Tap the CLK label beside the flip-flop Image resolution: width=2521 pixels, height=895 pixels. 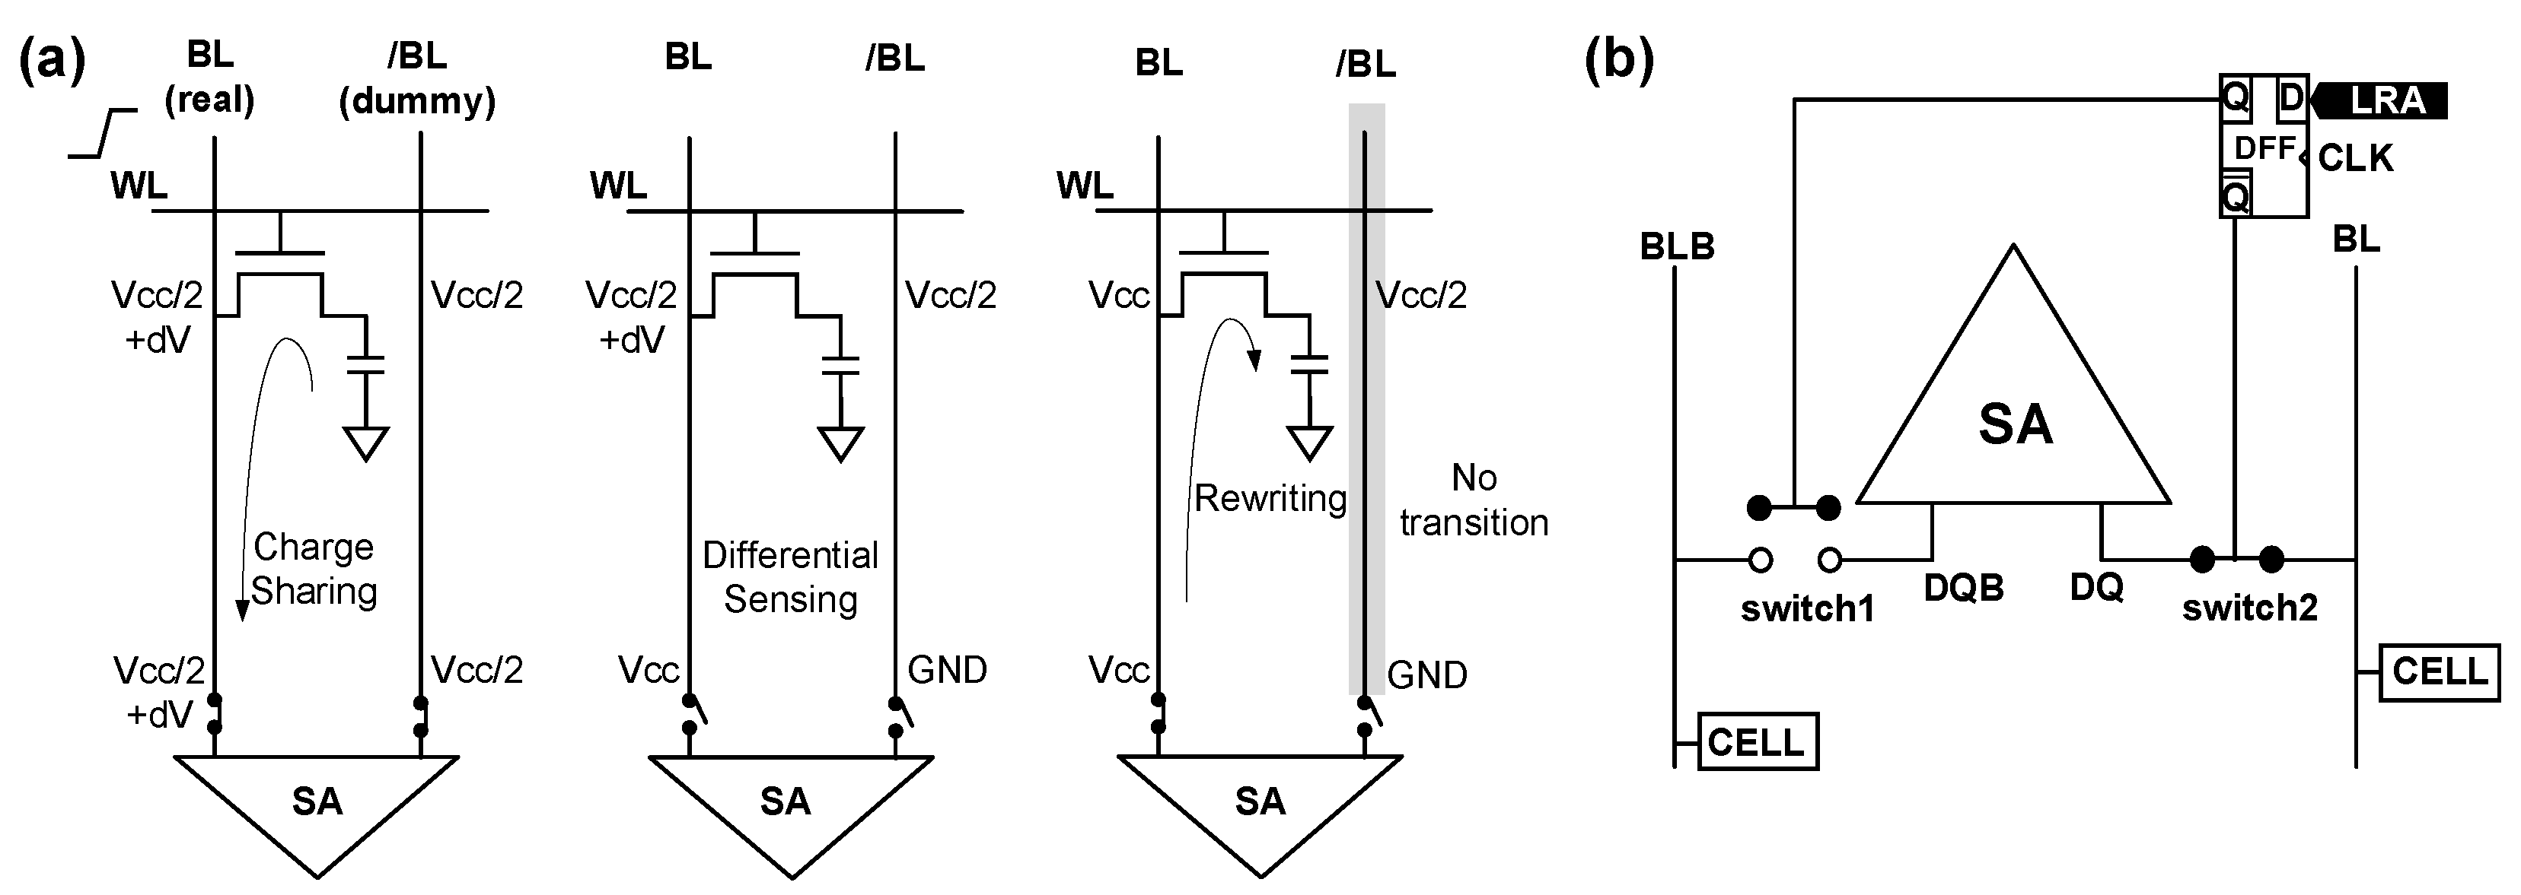pyautogui.click(x=2354, y=158)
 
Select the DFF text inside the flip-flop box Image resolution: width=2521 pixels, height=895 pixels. pyautogui.click(x=2264, y=150)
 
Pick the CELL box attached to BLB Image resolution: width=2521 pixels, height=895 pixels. pyautogui.click(x=1756, y=742)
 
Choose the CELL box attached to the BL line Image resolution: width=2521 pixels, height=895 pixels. pyautogui.click(x=2439, y=672)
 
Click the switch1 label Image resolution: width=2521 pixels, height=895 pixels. pyautogui.click(x=1806, y=609)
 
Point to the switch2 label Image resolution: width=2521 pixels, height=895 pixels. pyautogui.click(x=2249, y=608)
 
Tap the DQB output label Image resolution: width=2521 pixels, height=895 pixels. pyautogui.click(x=1963, y=588)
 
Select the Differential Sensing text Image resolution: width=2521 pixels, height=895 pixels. pyautogui.click(x=790, y=577)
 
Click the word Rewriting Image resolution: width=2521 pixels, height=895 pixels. pyautogui.click(x=1270, y=499)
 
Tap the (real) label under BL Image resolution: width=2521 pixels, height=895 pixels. pyautogui.click(x=209, y=100)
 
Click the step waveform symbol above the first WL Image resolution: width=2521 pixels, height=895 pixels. pyautogui.click(x=103, y=134)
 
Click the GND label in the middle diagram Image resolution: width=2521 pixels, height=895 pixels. pyautogui.click(x=946, y=670)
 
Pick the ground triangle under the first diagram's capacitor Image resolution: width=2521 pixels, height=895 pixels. pyautogui.click(x=366, y=443)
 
